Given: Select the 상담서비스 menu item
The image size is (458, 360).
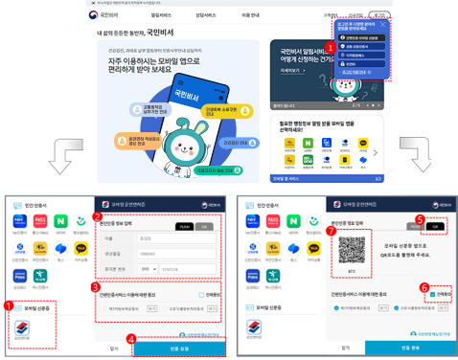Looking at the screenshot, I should [x=212, y=16].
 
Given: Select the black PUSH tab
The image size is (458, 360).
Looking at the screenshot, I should [x=182, y=225].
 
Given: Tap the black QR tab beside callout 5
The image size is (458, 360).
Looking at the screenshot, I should [x=437, y=226].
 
